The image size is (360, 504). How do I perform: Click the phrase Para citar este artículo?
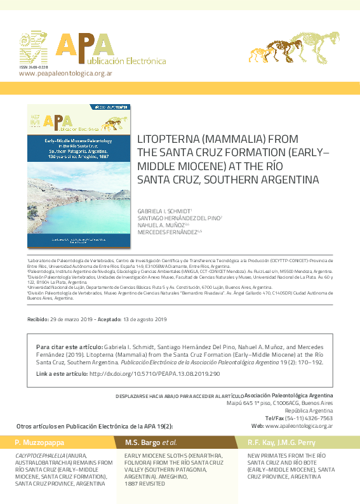(x=69, y=348)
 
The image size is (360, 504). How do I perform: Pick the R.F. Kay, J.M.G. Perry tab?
(x=279, y=442)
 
